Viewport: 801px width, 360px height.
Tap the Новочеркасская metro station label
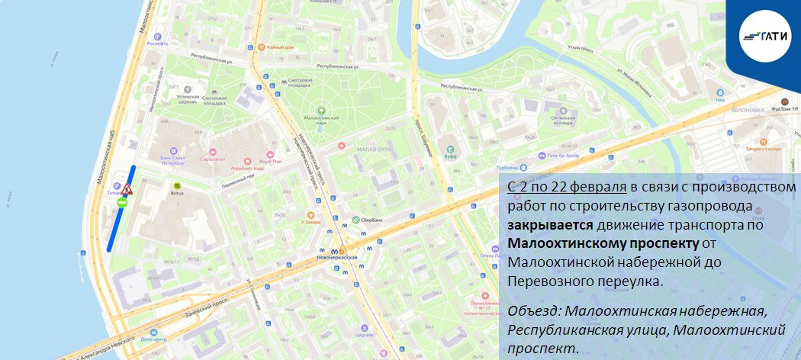[x=336, y=257]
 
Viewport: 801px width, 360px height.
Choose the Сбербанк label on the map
[x=372, y=221]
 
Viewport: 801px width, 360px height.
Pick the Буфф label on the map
[x=451, y=156]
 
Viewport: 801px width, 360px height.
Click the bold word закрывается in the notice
[x=541, y=226]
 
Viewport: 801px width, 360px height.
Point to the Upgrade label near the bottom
[x=364, y=333]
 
